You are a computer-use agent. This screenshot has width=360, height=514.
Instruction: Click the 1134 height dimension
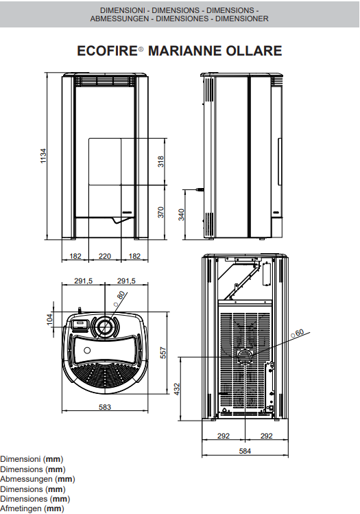tap(43, 156)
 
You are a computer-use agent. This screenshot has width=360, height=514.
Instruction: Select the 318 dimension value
tap(160, 161)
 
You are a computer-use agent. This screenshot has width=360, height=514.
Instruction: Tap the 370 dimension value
tap(160, 213)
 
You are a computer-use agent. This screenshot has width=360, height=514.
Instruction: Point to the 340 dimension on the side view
tap(181, 215)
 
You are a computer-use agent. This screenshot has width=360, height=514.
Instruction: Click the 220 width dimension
tap(105, 256)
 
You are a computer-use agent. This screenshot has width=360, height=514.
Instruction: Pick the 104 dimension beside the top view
tap(49, 319)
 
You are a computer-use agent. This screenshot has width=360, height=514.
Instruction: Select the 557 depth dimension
tap(163, 353)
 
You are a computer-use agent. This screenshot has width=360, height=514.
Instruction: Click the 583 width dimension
tap(105, 407)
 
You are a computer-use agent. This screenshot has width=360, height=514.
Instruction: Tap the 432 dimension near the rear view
tap(177, 389)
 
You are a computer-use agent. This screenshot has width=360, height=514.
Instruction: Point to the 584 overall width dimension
tap(245, 451)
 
